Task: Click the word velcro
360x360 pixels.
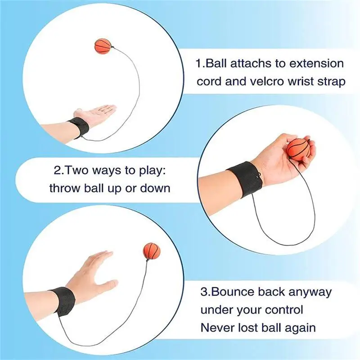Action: coord(265,81)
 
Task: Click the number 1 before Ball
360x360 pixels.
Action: coord(198,63)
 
